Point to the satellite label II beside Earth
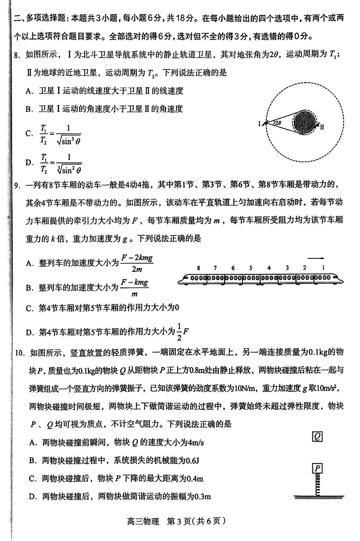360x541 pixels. point(322,127)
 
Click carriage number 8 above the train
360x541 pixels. point(198,268)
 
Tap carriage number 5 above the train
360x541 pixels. point(250,268)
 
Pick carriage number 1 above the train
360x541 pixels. point(323,268)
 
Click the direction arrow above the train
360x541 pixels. point(316,258)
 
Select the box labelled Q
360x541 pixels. point(317,436)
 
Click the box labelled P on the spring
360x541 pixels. point(317,468)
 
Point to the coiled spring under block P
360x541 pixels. point(317,484)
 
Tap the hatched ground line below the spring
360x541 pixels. point(318,497)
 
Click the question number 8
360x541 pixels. point(17,55)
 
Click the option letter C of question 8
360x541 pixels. point(29,134)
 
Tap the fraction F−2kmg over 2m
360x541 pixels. point(137,263)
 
